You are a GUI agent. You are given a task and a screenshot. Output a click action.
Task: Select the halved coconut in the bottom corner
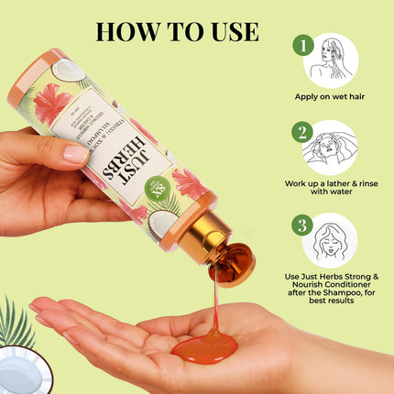tap(18, 372)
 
